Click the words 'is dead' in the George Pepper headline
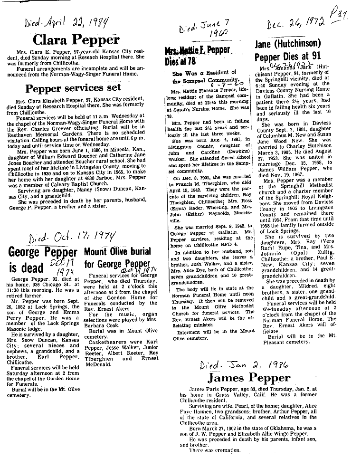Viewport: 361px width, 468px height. point(26,268)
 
